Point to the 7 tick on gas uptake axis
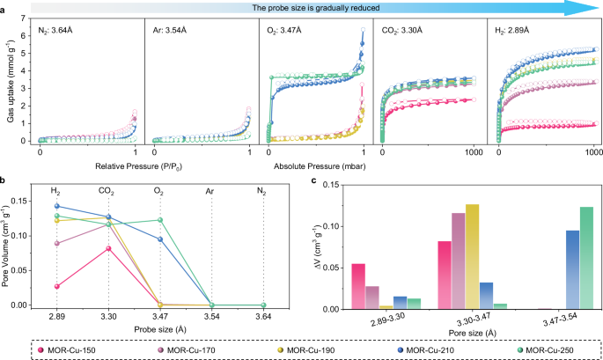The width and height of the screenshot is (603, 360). pos(26,19)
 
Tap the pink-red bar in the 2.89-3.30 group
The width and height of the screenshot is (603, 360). pos(357,287)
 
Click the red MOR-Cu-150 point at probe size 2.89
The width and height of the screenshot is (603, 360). pos(57,286)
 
